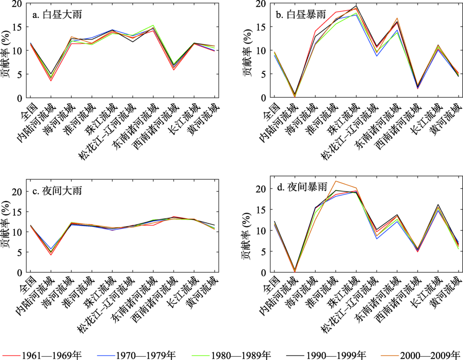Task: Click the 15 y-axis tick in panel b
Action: pos(262,27)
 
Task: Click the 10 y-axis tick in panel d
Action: pos(262,231)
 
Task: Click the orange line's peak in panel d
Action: pos(336,181)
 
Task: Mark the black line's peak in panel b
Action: pos(356,6)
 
